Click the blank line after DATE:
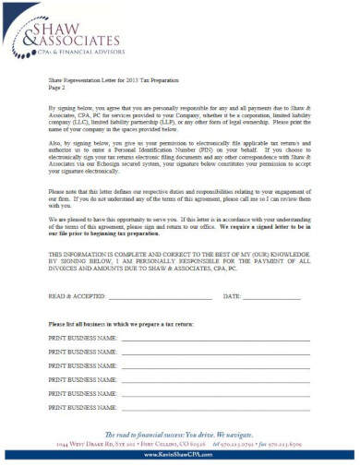[271, 297]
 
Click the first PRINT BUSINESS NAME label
[79, 340]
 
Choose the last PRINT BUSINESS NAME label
[79, 406]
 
